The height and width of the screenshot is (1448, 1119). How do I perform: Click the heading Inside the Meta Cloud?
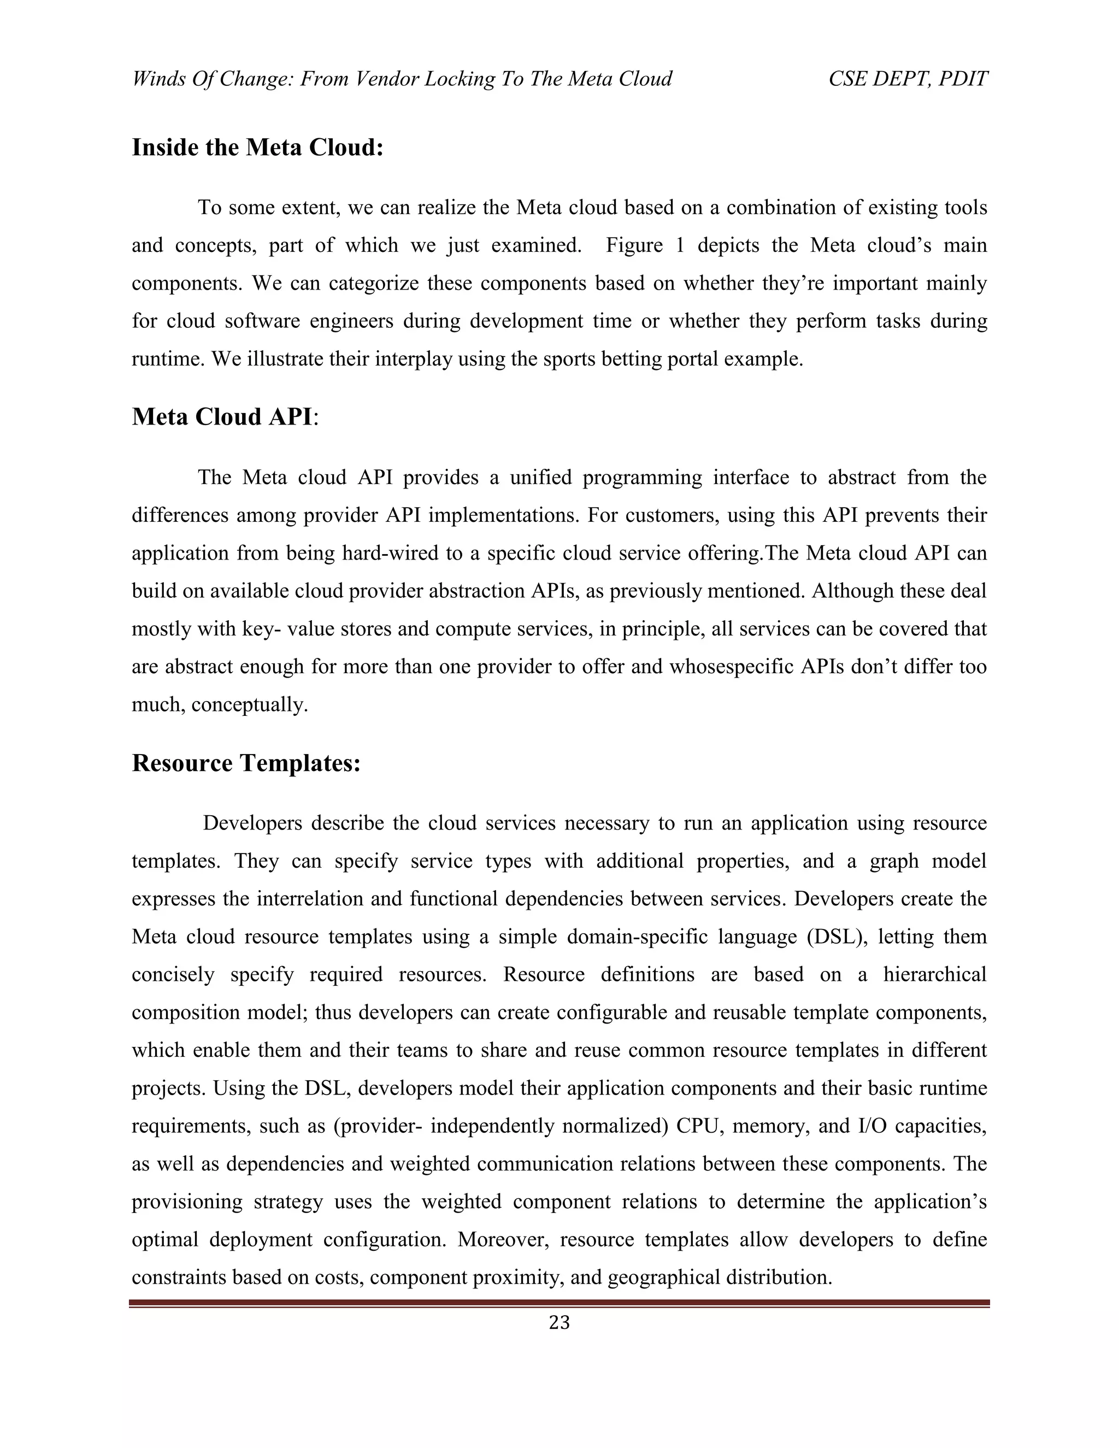(x=258, y=147)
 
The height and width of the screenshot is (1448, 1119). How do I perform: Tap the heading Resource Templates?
(x=246, y=763)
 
